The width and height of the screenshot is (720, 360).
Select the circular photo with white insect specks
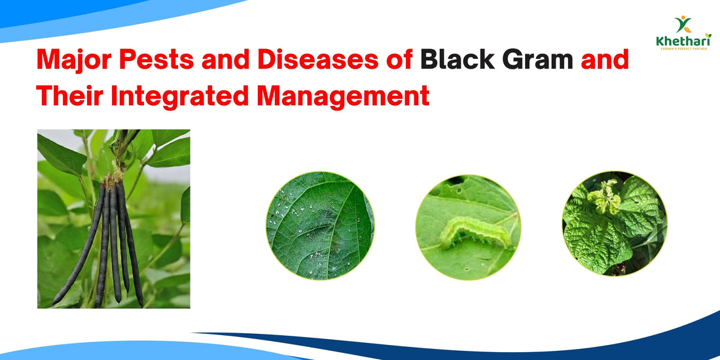click(319, 226)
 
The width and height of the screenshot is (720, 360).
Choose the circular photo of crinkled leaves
click(614, 224)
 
